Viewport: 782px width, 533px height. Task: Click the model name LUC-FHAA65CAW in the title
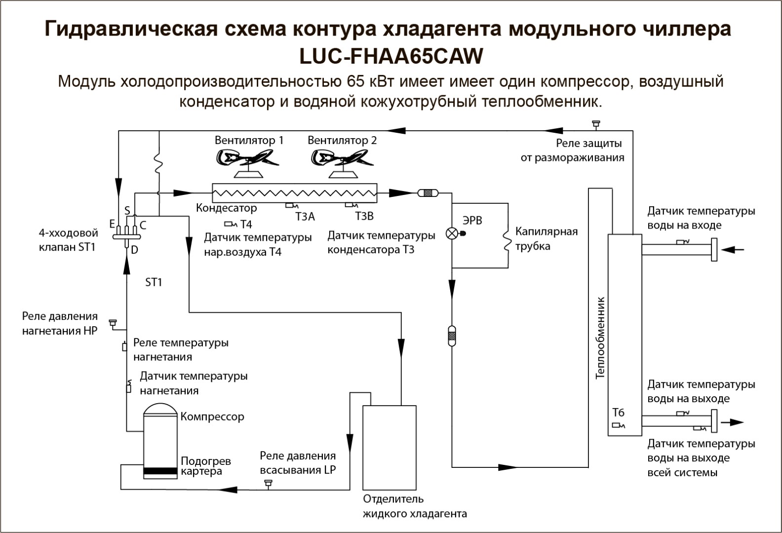pos(391,56)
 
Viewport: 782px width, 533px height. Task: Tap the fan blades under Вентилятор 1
pos(247,158)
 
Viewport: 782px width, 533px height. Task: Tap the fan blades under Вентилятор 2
pos(342,158)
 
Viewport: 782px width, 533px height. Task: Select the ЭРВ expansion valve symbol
pos(452,233)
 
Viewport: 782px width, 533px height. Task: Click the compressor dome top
pos(160,409)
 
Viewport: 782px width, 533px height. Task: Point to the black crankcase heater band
pos(160,471)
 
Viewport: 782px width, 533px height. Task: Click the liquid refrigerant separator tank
pos(390,448)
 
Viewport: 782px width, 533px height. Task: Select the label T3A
pos(305,217)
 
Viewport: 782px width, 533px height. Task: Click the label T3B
pos(364,217)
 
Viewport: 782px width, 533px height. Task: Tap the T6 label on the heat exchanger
pos(618,413)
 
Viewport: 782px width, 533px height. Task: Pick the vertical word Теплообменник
pos(600,338)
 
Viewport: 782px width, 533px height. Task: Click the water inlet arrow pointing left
pos(733,250)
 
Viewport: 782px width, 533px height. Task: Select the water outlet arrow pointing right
pos(733,422)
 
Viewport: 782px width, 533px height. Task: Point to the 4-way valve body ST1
pos(127,237)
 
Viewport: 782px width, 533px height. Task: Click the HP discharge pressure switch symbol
pos(113,323)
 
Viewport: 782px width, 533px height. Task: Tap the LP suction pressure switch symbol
pos(268,484)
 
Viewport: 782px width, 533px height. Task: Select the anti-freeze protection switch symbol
pos(596,124)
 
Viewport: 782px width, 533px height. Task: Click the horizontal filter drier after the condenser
pos(428,192)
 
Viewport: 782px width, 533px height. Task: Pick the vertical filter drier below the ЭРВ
pos(452,336)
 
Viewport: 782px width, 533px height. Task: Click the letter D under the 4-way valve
pos(134,250)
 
